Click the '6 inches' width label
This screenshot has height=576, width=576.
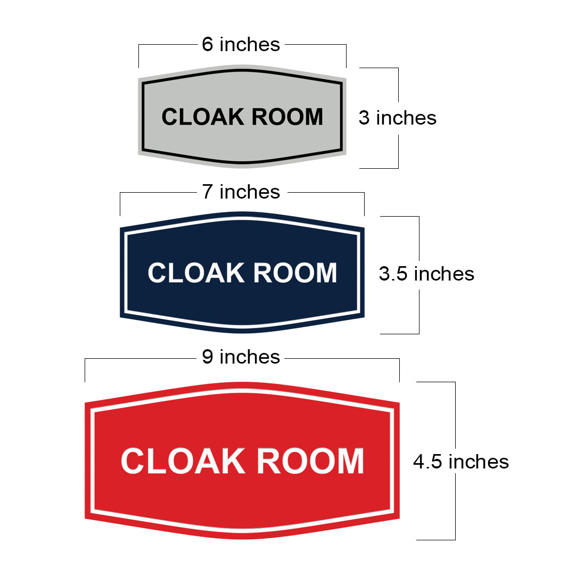coord(241,44)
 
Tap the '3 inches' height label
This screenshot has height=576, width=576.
coord(398,118)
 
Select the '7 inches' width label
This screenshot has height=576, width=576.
coord(241,192)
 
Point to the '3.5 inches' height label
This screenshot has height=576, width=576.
coord(426,274)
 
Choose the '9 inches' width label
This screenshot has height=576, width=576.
coord(241,357)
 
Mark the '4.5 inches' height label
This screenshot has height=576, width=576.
coord(461,462)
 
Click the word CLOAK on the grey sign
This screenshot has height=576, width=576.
coord(203,117)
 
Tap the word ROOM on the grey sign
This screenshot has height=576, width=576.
coord(287,117)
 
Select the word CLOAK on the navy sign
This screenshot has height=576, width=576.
coord(196,273)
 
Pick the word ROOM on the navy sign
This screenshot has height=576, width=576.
coord(295,273)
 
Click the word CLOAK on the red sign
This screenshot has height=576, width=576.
coord(183,461)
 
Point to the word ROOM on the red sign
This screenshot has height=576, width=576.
coord(310,461)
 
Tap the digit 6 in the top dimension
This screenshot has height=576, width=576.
coord(208,44)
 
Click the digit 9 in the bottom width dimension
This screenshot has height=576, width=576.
coord(208,357)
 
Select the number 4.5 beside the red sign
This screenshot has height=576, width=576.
coord(427,462)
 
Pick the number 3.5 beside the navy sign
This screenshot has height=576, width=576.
coord(393,274)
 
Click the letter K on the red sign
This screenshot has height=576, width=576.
coord(233,461)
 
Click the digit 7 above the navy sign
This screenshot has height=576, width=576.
coord(208,192)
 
